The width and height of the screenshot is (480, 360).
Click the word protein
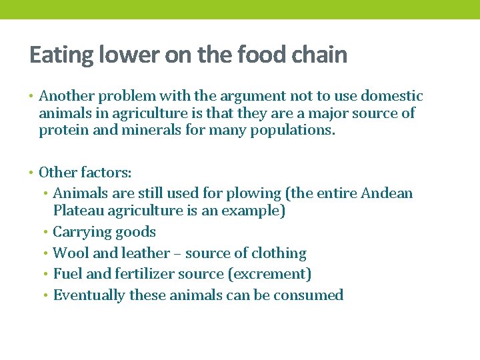pyautogui.click(x=64, y=131)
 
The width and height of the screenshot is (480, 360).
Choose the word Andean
pyautogui.click(x=387, y=193)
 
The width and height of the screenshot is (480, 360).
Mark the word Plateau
pyautogui.click(x=78, y=211)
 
